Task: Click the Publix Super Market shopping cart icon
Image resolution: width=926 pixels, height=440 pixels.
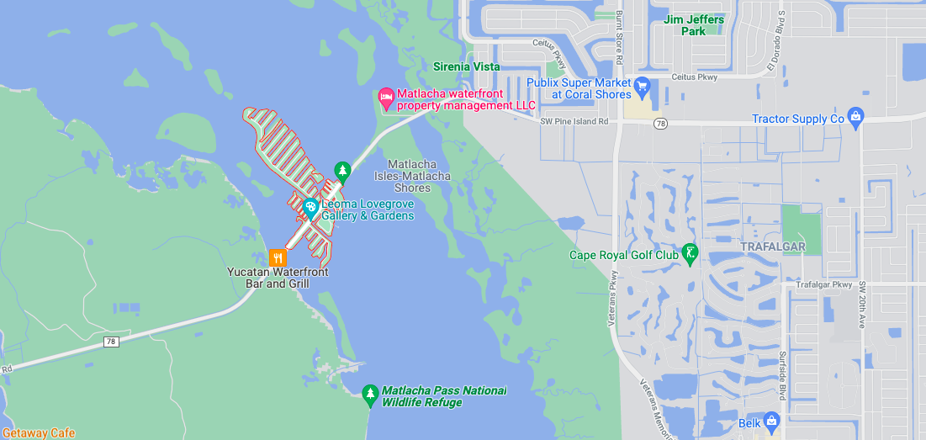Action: [642, 84]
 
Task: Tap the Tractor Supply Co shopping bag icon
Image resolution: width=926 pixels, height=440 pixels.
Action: [855, 117]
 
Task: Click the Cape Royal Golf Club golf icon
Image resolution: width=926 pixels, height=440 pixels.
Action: [690, 252]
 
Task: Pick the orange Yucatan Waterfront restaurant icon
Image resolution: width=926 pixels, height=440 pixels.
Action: [278, 257]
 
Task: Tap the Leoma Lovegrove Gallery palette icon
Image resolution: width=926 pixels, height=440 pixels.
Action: [310, 207]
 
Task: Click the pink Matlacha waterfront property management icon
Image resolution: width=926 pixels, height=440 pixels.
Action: [387, 98]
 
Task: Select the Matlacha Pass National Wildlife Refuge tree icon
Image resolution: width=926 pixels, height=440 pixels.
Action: [369, 394]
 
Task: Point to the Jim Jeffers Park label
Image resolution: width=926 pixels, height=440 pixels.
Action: [694, 25]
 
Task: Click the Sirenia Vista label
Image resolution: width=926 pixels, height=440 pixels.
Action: [466, 66]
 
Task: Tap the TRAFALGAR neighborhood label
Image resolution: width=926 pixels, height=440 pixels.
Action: [773, 247]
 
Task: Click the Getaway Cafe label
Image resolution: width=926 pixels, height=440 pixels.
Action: [38, 433]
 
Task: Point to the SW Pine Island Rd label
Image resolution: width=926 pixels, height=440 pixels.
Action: [574, 122]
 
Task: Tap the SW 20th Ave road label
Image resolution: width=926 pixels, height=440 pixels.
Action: [861, 304]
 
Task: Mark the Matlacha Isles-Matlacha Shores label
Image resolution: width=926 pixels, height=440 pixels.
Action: [412, 176]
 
